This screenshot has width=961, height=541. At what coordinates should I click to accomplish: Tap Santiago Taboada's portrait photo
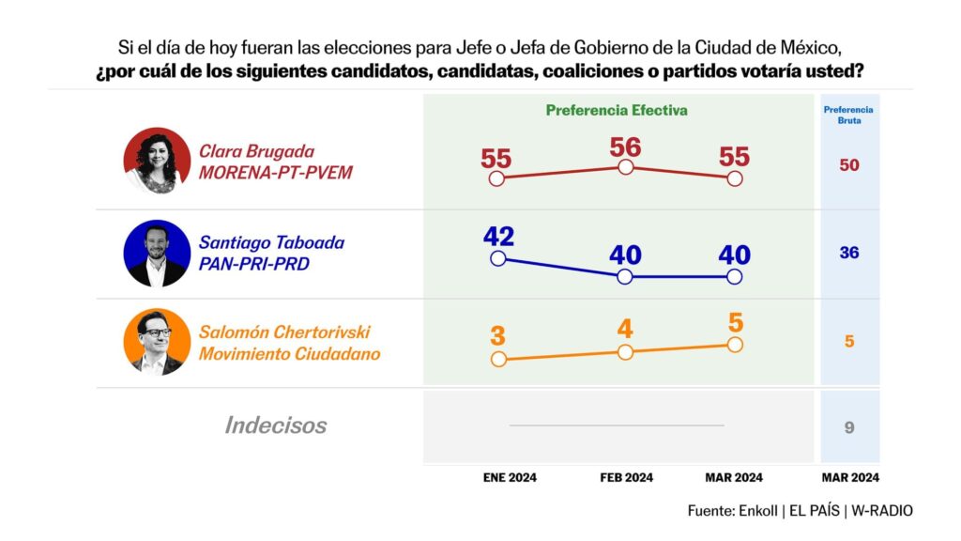157,253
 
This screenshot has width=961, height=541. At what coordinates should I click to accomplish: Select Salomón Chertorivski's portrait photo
157,342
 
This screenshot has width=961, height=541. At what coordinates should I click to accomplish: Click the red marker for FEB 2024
626,167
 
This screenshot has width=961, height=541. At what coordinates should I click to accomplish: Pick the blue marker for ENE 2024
497,259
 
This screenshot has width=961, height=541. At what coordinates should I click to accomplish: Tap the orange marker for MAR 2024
735,345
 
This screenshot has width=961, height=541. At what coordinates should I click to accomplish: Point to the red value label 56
625,147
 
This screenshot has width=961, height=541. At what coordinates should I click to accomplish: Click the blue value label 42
497,237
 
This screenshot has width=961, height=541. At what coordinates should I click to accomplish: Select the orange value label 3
497,335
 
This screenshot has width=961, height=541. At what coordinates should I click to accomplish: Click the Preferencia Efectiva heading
617,110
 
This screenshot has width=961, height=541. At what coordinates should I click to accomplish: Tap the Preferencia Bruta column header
848,115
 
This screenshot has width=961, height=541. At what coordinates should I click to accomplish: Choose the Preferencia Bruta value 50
849,165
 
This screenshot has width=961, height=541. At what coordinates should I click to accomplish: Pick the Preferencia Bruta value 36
849,253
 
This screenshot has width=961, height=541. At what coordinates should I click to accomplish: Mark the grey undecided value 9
849,427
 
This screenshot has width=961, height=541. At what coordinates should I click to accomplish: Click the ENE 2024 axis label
510,477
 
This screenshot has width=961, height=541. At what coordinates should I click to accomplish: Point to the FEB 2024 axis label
626,477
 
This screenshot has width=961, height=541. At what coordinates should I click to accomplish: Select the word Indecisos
276,425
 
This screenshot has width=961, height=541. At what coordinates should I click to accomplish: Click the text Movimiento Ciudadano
289,354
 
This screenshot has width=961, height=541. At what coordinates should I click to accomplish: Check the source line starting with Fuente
800,511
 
